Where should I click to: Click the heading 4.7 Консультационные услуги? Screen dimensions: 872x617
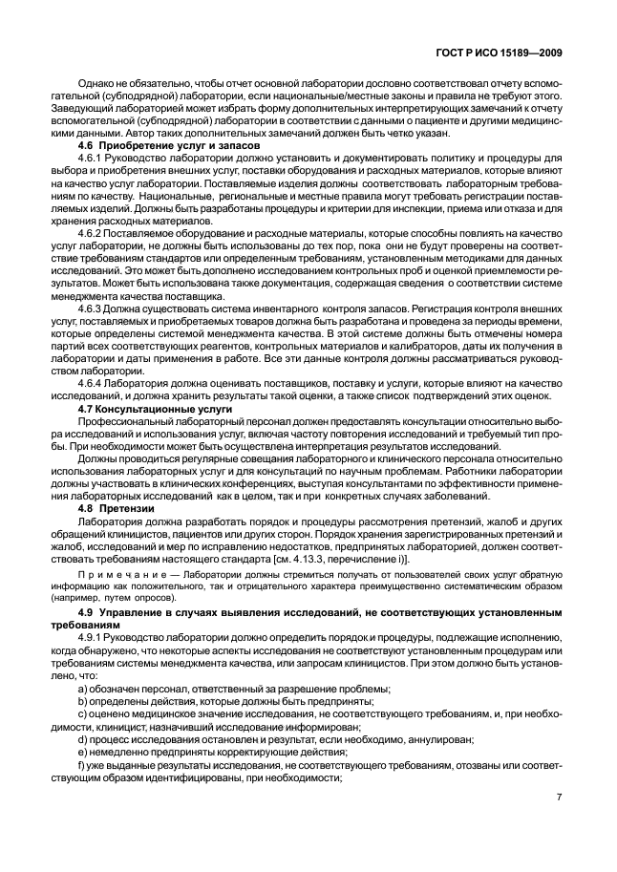click(143, 408)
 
